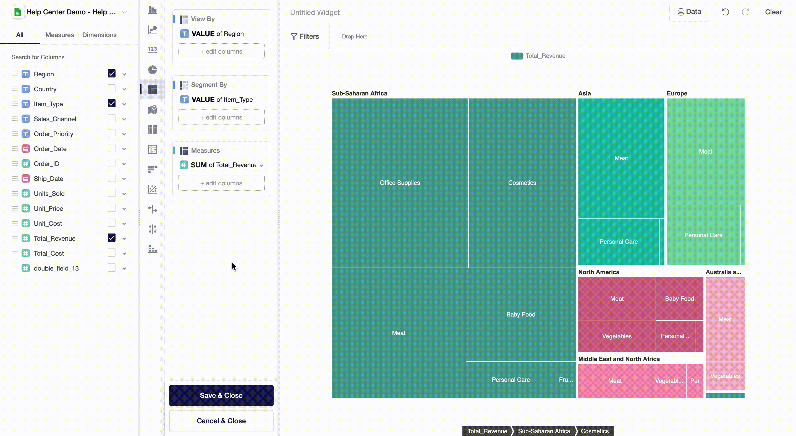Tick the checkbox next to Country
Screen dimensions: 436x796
tap(112, 89)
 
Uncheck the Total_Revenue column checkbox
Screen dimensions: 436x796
tap(112, 238)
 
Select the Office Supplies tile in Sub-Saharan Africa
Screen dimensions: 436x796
tap(400, 183)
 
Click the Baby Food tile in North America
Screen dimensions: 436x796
tap(679, 299)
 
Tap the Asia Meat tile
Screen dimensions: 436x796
tap(621, 158)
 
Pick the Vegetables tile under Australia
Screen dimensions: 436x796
tap(725, 376)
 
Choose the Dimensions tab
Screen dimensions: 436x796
tap(99, 35)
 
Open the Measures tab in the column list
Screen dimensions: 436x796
tap(59, 35)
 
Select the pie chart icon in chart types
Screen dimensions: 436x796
tap(152, 69)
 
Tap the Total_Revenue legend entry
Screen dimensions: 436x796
tap(538, 56)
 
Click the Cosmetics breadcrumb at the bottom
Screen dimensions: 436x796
tap(594, 431)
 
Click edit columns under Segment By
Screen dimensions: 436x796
tap(221, 117)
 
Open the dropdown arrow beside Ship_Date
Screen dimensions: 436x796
tap(124, 179)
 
